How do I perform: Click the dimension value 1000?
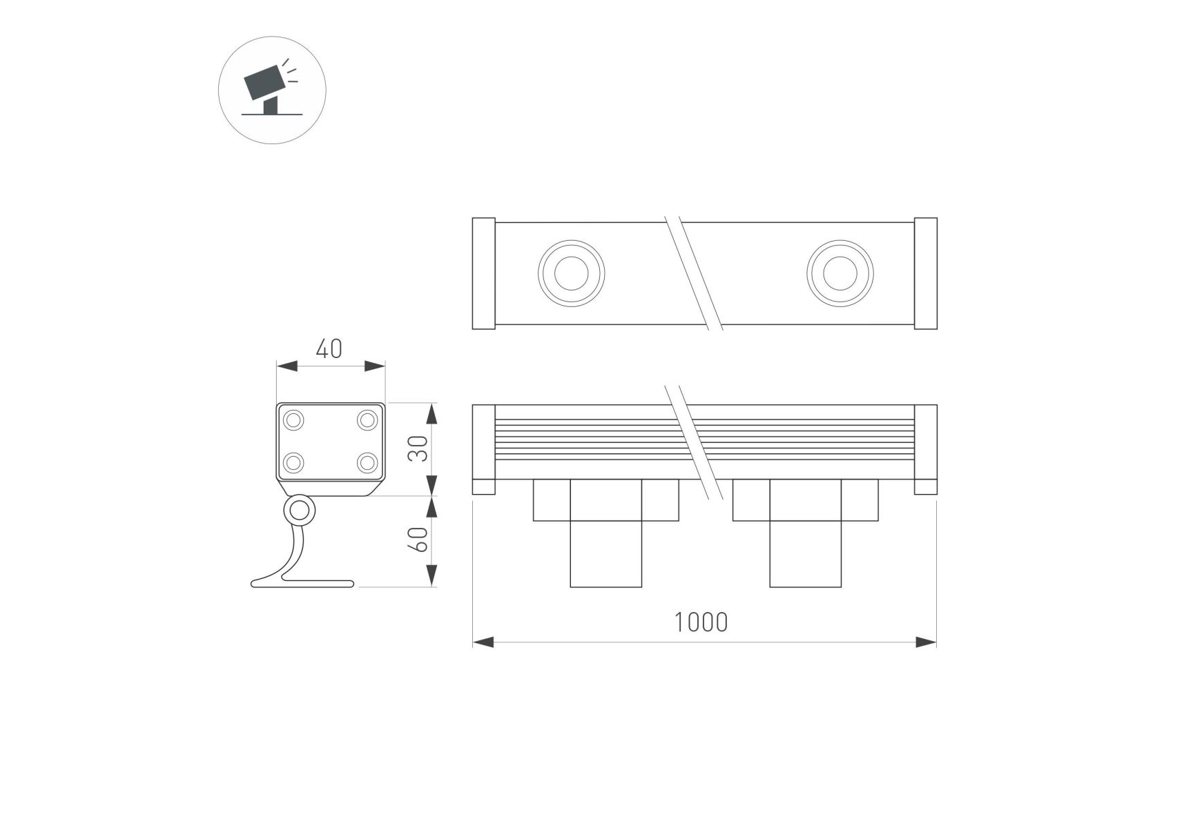point(701,622)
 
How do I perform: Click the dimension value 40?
point(329,349)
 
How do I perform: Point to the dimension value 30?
point(419,448)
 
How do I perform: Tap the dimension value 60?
point(419,540)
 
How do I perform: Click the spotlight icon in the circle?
point(271,88)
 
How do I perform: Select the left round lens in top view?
point(572,273)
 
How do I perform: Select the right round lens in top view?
point(840,273)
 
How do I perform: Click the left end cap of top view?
point(484,273)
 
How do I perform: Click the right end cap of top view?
point(926,273)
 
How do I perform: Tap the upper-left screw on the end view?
point(294,420)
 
